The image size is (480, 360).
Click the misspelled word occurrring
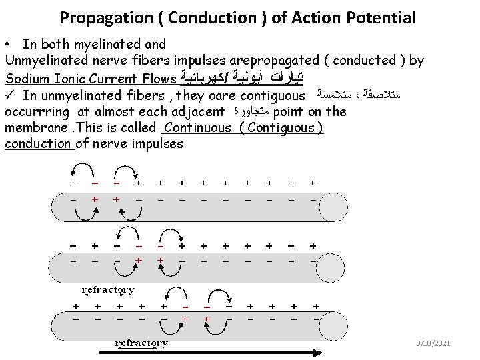(38, 111)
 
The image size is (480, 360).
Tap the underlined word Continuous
(197, 127)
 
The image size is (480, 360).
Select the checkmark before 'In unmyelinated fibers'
(9, 95)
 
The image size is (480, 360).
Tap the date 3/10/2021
(433, 343)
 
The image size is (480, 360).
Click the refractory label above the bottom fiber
(108, 290)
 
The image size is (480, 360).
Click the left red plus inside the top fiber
(95, 199)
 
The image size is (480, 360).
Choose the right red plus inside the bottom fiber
(207, 319)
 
